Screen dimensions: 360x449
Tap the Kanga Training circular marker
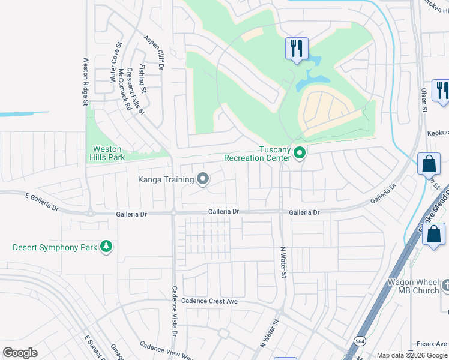(203, 179)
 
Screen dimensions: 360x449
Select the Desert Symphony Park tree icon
(106, 247)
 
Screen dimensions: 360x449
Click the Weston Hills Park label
(107, 153)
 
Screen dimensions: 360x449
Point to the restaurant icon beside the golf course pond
(296, 49)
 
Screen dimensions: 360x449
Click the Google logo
(20, 352)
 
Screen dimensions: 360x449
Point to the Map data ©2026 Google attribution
(412, 355)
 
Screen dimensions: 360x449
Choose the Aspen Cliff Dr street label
(154, 53)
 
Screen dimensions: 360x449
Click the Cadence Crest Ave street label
(210, 301)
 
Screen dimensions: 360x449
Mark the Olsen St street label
(424, 100)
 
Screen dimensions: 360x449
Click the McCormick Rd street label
(125, 90)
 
